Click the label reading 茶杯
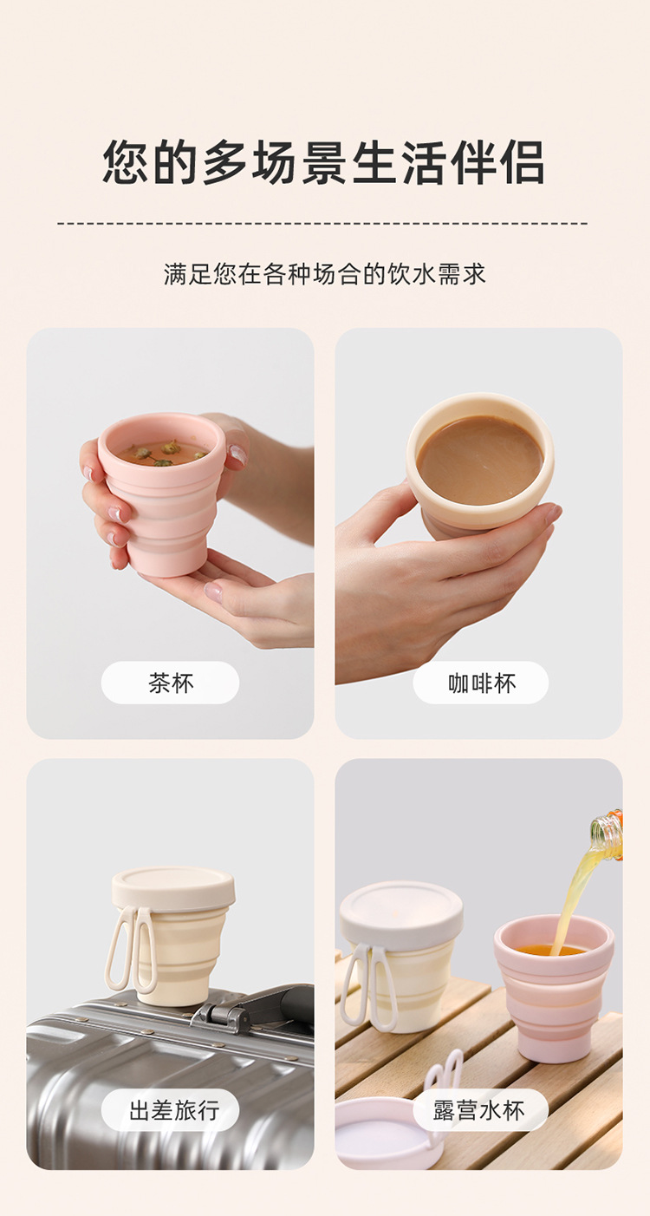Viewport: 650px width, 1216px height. point(170,683)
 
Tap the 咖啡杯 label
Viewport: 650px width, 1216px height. point(481,683)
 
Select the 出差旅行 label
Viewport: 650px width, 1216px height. point(171,1110)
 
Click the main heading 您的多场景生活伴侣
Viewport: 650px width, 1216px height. point(324,162)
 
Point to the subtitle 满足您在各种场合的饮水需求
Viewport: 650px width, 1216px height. point(324,274)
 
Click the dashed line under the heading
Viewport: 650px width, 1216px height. point(324,224)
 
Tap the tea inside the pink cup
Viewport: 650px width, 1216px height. point(162,452)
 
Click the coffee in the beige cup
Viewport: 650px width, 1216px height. point(479,460)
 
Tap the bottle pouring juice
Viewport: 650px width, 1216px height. point(609,834)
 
